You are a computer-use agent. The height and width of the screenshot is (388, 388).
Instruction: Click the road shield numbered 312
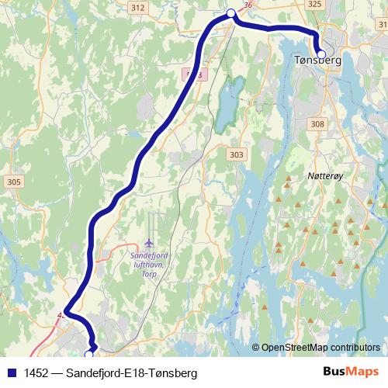click(137, 7)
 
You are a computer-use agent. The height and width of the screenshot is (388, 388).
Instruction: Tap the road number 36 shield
click(248, 5)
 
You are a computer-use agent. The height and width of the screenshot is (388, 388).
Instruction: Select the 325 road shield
click(314, 5)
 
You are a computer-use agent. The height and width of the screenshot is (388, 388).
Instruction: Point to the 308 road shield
click(317, 123)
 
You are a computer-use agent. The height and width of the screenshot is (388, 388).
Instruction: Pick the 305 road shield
click(13, 182)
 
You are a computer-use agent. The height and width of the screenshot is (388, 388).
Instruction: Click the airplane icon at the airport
click(150, 241)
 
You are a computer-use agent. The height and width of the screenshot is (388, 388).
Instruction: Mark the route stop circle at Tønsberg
click(321, 54)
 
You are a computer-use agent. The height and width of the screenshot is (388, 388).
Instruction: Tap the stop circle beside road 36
click(230, 12)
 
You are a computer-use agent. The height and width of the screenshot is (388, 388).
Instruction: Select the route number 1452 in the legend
click(36, 373)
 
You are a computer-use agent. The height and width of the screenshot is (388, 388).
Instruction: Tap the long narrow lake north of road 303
click(226, 105)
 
